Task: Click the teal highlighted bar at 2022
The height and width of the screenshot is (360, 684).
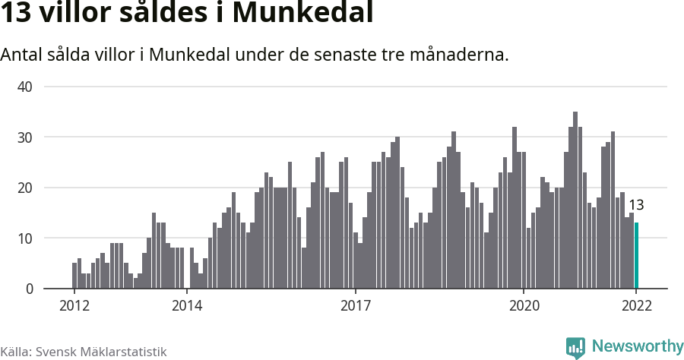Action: (x=636, y=256)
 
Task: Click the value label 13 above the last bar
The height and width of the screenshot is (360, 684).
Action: (x=636, y=205)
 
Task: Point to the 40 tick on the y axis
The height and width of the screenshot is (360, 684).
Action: (x=25, y=87)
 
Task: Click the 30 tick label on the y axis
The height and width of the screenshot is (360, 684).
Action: (x=25, y=137)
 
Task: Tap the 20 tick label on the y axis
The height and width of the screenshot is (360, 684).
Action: (x=25, y=188)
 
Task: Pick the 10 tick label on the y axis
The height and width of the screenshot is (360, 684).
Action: (x=25, y=238)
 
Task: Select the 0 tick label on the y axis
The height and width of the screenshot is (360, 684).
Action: (x=29, y=289)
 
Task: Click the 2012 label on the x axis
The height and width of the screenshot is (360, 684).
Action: (x=74, y=306)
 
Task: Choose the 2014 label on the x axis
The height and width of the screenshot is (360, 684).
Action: (x=187, y=306)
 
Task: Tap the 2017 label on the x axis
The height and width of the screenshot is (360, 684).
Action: (x=355, y=306)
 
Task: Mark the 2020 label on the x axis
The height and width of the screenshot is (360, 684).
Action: (x=524, y=306)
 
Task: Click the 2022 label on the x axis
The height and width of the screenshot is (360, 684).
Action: (x=636, y=306)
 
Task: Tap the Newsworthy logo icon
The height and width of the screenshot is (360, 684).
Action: (x=575, y=347)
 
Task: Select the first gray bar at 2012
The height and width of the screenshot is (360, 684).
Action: (x=74, y=276)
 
